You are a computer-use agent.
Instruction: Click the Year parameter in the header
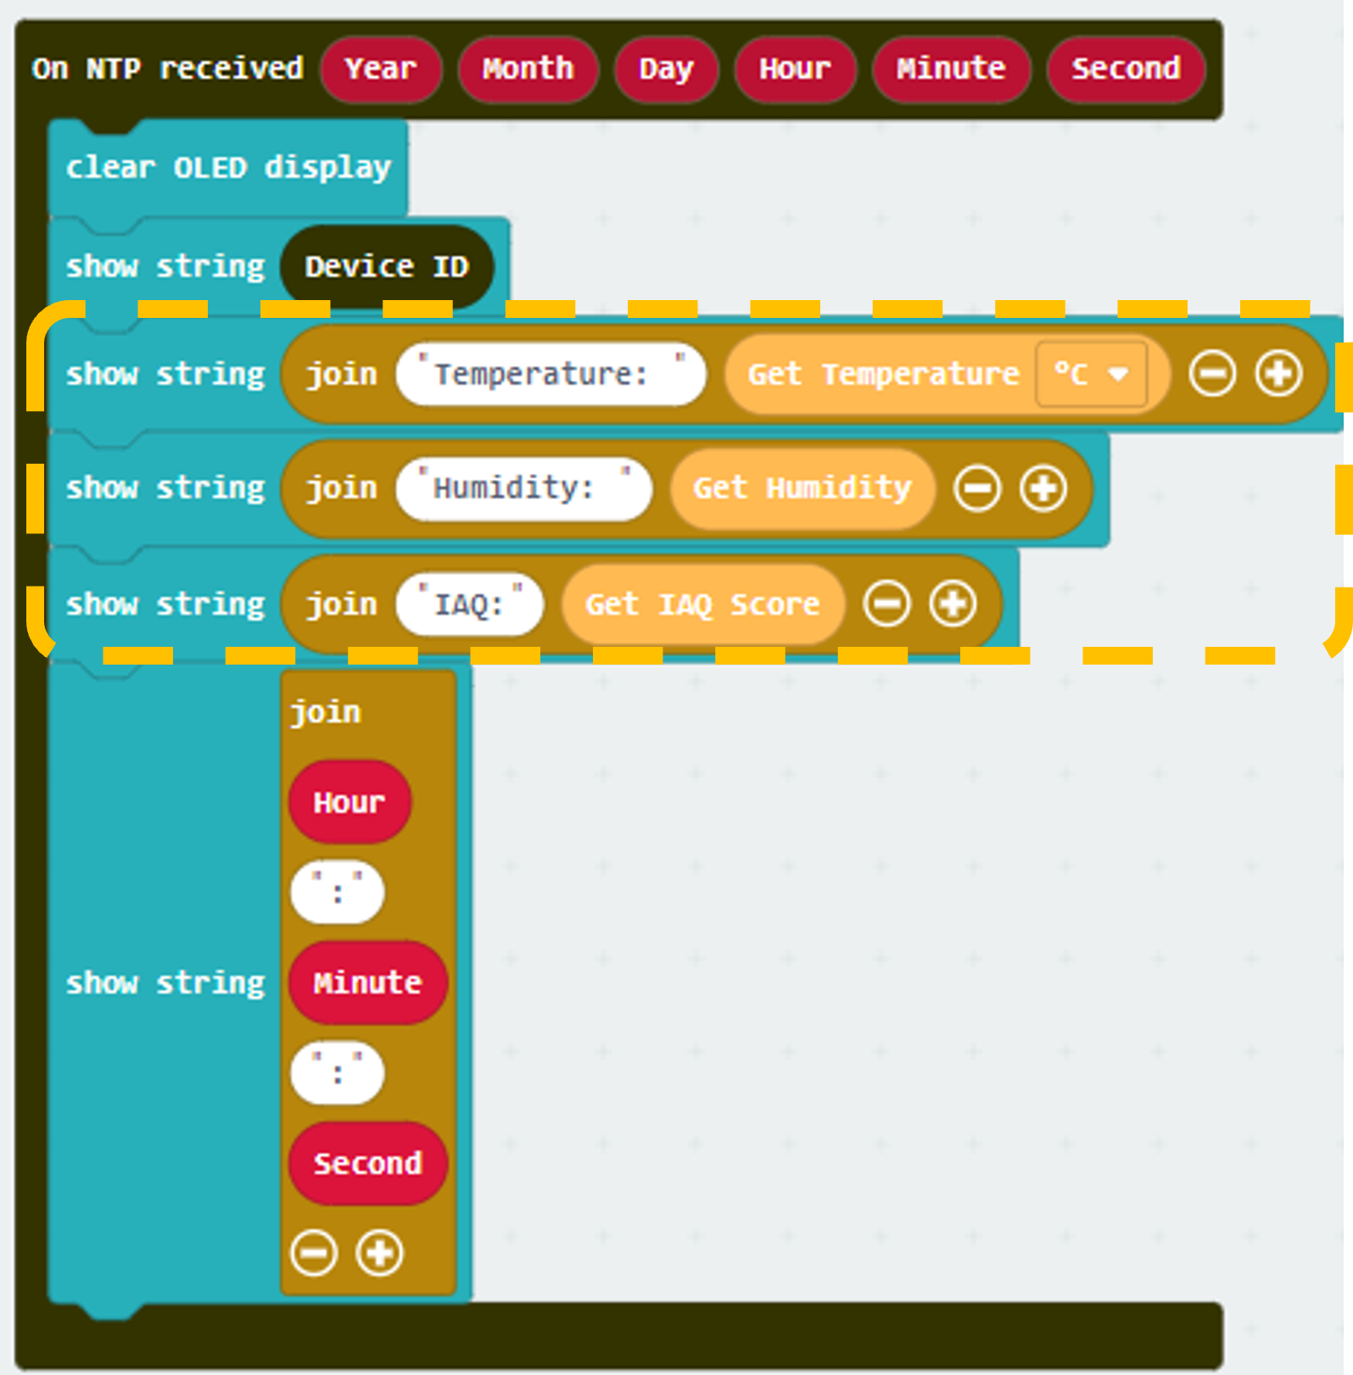(x=381, y=69)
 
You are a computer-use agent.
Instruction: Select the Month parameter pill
(x=528, y=69)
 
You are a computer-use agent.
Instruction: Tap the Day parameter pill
(x=666, y=69)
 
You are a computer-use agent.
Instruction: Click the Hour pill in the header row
(x=795, y=69)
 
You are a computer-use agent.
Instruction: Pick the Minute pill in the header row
(x=951, y=69)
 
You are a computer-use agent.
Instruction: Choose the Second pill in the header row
(x=1126, y=69)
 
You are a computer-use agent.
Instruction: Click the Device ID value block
(x=387, y=267)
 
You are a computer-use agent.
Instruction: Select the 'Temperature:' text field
(x=551, y=374)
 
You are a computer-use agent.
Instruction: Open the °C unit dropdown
(x=1091, y=374)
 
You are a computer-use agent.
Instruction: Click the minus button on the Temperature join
(x=1212, y=374)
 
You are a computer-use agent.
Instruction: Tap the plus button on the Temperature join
(x=1278, y=374)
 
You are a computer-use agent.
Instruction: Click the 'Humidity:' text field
(x=523, y=489)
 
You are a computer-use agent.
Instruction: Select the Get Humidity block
(x=802, y=489)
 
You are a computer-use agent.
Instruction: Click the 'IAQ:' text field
(x=469, y=604)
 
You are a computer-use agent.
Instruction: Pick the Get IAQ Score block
(x=703, y=604)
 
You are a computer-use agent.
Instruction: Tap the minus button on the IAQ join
(x=887, y=604)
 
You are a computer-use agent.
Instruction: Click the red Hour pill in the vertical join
(x=349, y=802)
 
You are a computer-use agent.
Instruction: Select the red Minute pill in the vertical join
(x=367, y=983)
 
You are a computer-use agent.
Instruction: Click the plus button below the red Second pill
(x=379, y=1253)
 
